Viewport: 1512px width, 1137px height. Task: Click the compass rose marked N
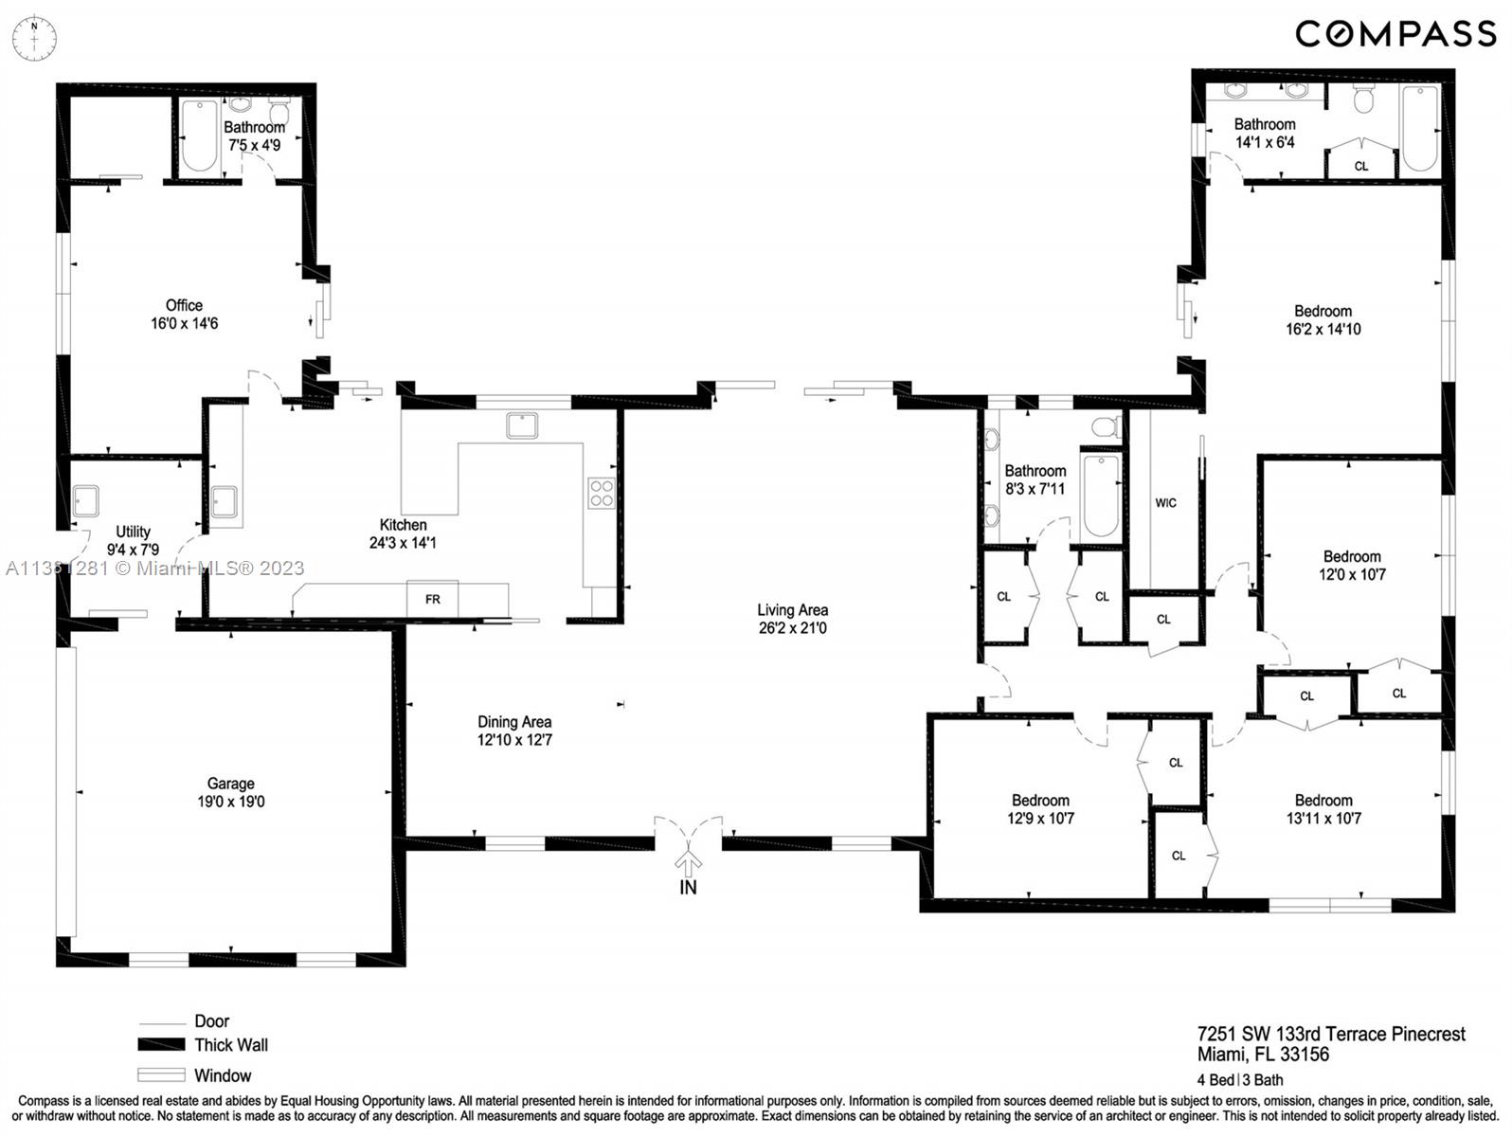pyautogui.click(x=34, y=39)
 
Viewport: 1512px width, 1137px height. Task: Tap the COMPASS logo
pyautogui.click(x=1395, y=34)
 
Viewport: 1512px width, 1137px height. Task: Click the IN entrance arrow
pyautogui.click(x=688, y=861)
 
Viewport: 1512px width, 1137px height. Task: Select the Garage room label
pyautogui.click(x=231, y=784)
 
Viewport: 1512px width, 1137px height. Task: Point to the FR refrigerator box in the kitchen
pyautogui.click(x=433, y=599)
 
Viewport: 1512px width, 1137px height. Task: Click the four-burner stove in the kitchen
pyautogui.click(x=602, y=493)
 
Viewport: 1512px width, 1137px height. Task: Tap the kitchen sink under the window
pyautogui.click(x=522, y=425)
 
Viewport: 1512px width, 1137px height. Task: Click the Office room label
pyautogui.click(x=184, y=305)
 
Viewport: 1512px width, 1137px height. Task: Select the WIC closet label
pyautogui.click(x=1165, y=503)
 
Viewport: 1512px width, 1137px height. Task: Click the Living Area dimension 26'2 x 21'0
pyautogui.click(x=793, y=628)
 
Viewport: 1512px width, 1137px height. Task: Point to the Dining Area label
pyautogui.click(x=514, y=722)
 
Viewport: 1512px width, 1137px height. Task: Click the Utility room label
pyautogui.click(x=133, y=532)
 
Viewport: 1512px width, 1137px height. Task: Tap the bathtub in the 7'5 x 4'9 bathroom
pyautogui.click(x=200, y=135)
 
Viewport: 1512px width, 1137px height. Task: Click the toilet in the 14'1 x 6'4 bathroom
pyautogui.click(x=1364, y=99)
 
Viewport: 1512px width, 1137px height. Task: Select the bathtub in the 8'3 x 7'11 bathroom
pyautogui.click(x=1100, y=496)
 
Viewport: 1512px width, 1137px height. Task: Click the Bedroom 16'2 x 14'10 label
pyautogui.click(x=1323, y=319)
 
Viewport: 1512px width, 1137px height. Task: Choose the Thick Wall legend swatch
pyautogui.click(x=161, y=1045)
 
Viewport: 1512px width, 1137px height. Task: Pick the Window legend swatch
pyautogui.click(x=161, y=1075)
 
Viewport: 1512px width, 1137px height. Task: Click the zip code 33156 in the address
pyautogui.click(x=1305, y=1055)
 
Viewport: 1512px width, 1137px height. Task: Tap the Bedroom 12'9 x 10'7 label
pyautogui.click(x=1040, y=809)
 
